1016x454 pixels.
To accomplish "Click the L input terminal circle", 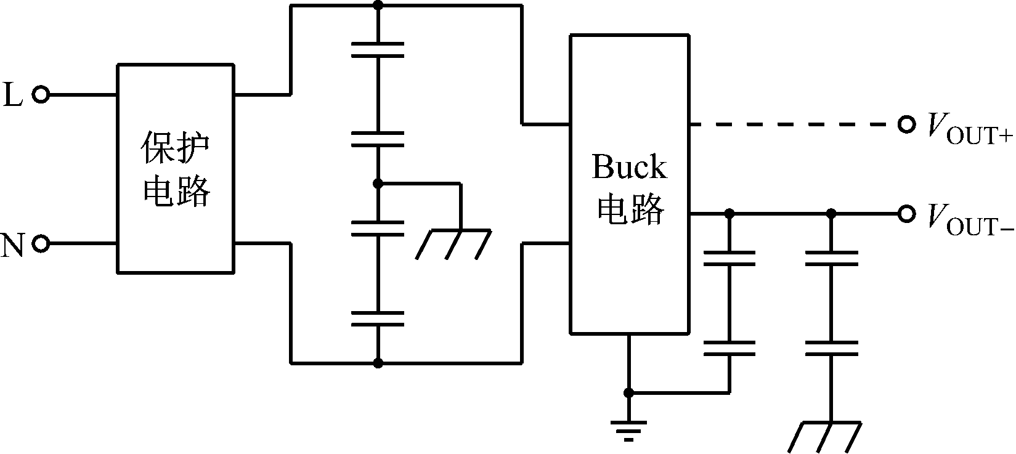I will tap(41, 95).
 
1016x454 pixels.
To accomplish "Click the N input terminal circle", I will tap(41, 244).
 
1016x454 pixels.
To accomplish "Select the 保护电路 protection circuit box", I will tap(176, 168).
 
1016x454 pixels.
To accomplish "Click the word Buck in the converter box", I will tap(628, 167).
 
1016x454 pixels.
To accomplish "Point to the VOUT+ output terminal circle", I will tap(906, 125).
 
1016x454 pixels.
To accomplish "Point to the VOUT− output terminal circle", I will tap(906, 214).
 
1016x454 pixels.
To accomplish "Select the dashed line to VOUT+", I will tap(795, 125).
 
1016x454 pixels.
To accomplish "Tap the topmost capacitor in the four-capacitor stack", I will tap(378, 49).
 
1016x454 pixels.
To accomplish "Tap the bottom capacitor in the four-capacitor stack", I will tap(378, 318).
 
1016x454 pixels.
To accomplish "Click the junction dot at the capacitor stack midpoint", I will tap(378, 184).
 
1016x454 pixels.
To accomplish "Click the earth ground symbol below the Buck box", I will tap(628, 429).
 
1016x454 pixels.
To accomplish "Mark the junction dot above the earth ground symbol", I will tap(628, 392).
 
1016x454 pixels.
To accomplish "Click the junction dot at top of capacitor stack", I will tap(378, 6).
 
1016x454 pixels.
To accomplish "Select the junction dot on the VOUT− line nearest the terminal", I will tap(831, 214).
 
